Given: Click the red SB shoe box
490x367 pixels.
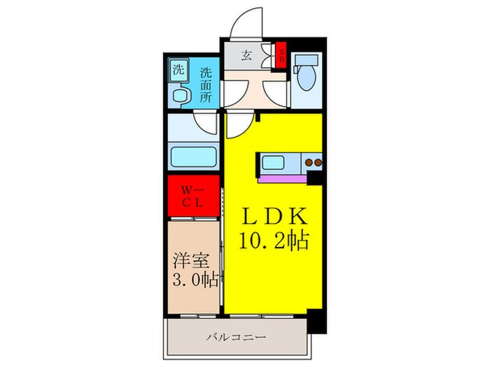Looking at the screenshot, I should click(282, 55).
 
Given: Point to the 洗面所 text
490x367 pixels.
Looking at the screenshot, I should click(206, 84).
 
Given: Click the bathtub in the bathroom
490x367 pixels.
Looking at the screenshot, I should click(194, 157).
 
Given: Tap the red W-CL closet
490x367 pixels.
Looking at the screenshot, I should click(192, 196).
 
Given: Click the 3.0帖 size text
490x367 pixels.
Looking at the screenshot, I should click(194, 281).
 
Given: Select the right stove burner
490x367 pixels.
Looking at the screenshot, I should click(317, 164).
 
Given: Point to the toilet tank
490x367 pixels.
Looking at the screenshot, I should click(306, 61).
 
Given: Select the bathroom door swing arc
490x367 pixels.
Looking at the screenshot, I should click(208, 124).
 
